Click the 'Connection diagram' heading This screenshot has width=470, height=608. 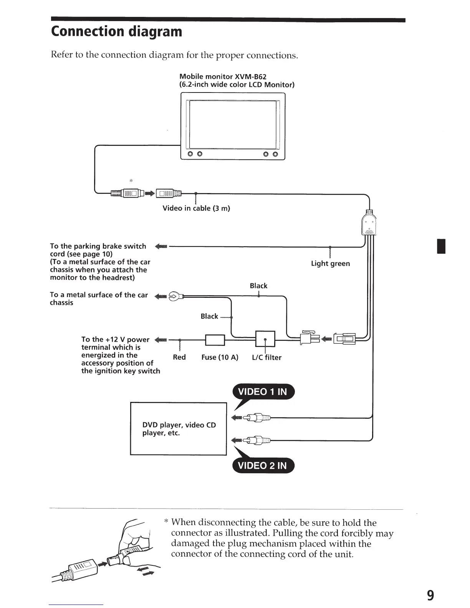pos(117,31)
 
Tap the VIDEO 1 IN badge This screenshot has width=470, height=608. pos(263,392)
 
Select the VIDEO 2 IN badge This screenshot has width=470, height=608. pos(263,466)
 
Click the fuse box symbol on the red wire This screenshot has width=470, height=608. pos(215,340)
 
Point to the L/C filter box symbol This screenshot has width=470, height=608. pos(265,339)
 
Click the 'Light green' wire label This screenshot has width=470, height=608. pos(330,264)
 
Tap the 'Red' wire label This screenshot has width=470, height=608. pos(179,357)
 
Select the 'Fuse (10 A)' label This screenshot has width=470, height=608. pos(220,357)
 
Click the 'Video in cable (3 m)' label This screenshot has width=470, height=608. pos(196,208)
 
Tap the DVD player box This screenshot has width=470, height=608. pos(179,429)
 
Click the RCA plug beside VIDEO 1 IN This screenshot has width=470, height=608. pos(258,417)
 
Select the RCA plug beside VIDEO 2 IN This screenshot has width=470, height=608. pos(258,440)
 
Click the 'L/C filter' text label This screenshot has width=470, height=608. pos(266,358)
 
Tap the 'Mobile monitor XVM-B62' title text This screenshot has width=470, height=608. pos(223,77)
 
